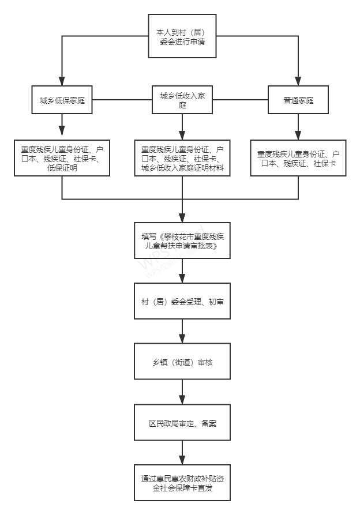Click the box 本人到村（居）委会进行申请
click(182, 36)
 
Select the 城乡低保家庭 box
click(62, 100)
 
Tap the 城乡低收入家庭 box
click(182, 100)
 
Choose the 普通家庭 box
click(298, 100)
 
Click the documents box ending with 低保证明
click(62, 158)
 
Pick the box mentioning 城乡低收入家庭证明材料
click(182, 158)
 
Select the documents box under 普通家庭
click(298, 158)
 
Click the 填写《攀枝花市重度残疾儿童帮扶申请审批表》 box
click(182, 240)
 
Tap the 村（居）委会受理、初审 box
click(182, 301)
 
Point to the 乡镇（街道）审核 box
click(182, 361)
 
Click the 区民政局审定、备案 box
click(182, 422)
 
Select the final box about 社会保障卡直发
click(182, 483)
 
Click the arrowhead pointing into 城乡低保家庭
click(62, 81)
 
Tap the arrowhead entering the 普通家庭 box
click(298, 81)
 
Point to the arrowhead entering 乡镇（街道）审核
click(182, 339)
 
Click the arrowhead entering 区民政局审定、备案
click(182, 400)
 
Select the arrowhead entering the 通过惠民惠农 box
click(182, 460)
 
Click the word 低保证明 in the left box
click(62, 168)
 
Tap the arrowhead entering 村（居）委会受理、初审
click(182, 278)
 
